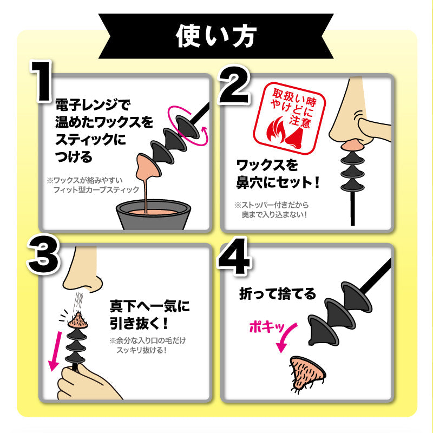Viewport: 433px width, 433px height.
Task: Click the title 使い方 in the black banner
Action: (216, 36)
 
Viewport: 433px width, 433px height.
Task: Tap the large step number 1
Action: (42, 82)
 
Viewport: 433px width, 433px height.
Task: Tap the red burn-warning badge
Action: (290, 118)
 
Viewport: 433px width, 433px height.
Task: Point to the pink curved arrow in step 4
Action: (287, 337)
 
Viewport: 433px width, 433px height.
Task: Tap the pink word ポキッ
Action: (266, 327)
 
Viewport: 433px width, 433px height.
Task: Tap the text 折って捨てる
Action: (278, 293)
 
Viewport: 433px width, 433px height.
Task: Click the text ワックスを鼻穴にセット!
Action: (278, 174)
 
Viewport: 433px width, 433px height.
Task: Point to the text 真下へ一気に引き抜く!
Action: (149, 315)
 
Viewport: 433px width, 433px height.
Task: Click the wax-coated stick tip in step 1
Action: (147, 167)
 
